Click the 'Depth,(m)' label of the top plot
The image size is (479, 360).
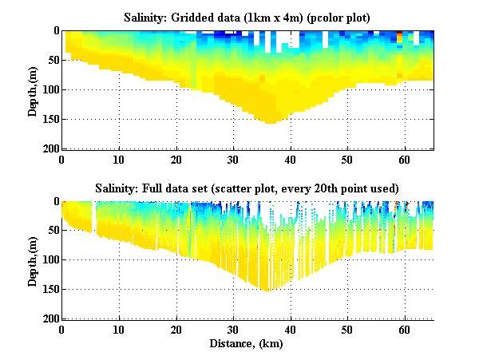pos(33,89)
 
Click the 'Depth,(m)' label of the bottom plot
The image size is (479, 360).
pos(33,260)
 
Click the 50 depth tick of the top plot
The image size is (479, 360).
pos(51,60)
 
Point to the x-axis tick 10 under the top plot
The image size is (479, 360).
pos(119,159)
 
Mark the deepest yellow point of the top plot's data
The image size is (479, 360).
pos(270,122)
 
